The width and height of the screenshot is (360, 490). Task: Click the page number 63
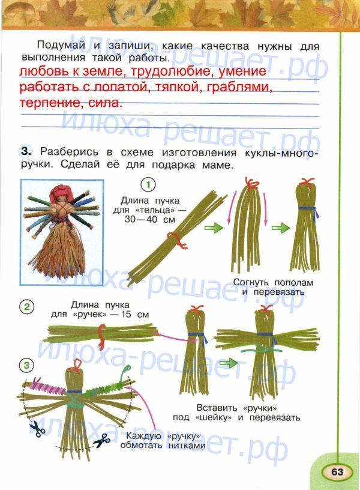pyautogui.click(x=337, y=471)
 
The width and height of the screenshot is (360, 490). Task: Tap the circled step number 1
pyautogui.click(x=148, y=185)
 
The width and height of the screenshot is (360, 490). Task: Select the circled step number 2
pyautogui.click(x=27, y=307)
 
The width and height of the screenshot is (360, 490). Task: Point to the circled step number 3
pyautogui.click(x=26, y=365)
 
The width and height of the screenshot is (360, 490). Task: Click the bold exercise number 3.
pyautogui.click(x=26, y=151)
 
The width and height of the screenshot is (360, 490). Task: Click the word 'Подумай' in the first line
pyautogui.click(x=61, y=46)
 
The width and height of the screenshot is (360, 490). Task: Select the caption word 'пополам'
pyautogui.click(x=294, y=283)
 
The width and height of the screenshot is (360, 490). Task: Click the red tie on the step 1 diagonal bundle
pyautogui.click(x=177, y=240)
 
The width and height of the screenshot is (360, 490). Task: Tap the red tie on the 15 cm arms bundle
pyautogui.click(x=101, y=335)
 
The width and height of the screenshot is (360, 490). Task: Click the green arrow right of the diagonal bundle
pyautogui.click(x=214, y=228)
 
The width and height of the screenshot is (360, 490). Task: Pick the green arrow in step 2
pyautogui.click(x=229, y=363)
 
